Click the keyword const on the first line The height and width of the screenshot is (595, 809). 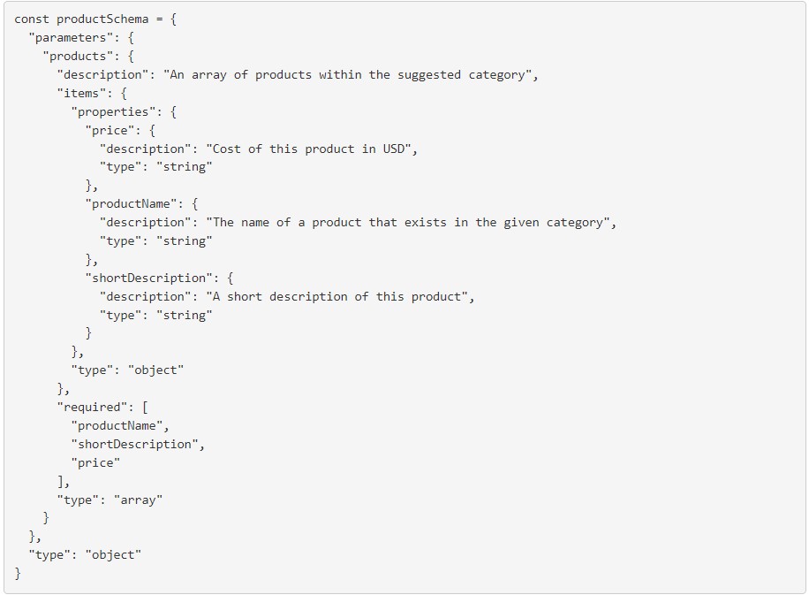pos(32,19)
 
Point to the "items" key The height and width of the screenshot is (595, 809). pos(81,93)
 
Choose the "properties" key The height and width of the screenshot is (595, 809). pos(113,111)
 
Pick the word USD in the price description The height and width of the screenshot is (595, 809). pos(393,149)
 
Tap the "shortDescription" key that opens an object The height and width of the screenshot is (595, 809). pos(152,278)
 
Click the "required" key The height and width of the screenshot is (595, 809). pos(92,407)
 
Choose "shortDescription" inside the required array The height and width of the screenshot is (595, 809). pos(138,444)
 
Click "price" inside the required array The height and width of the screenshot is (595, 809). pos(95,462)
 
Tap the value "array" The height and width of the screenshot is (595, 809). pos(138,500)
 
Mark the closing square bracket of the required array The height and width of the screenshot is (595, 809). pos(61,481)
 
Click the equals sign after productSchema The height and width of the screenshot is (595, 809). pos(159,19)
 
